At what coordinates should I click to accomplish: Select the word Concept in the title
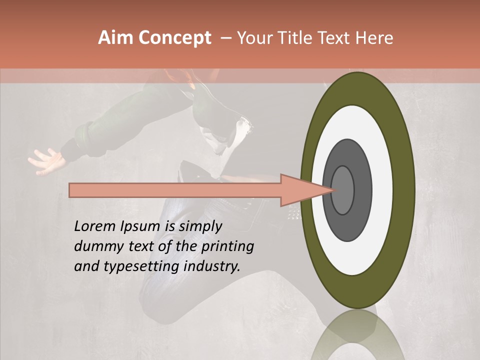point(174,38)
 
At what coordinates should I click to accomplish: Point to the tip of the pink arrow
point(334,190)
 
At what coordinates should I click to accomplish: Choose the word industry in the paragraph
point(210,266)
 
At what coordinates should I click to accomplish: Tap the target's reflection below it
point(357,335)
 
